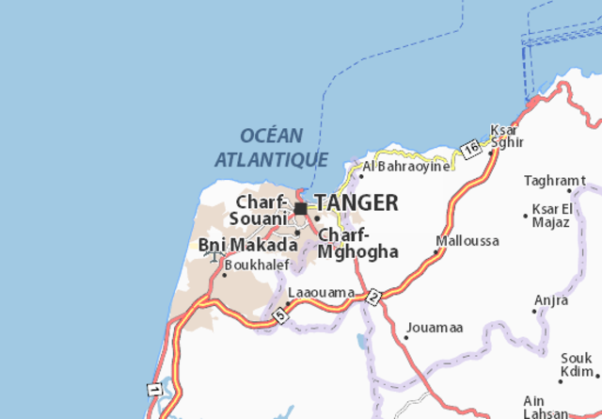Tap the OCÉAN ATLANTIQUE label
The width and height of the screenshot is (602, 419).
pyautogui.click(x=272, y=148)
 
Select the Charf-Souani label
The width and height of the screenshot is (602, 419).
pyautogui.click(x=258, y=210)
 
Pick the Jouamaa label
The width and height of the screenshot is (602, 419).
pyautogui.click(x=435, y=328)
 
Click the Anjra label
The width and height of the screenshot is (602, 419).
pyautogui.click(x=551, y=300)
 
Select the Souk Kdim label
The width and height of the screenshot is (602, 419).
pyautogui.click(x=577, y=364)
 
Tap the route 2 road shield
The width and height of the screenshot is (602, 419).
pyautogui.click(x=373, y=297)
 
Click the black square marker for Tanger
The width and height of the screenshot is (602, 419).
pyautogui.click(x=300, y=209)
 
